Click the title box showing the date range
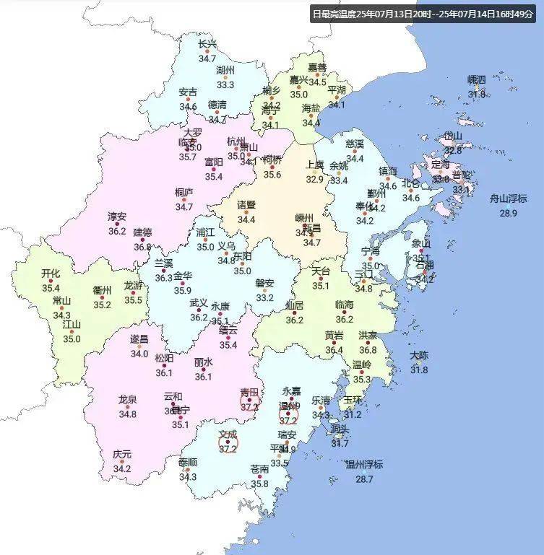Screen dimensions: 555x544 [x=426, y=14]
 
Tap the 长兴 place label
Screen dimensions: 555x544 [x=207, y=44]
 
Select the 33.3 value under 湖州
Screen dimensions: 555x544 [x=225, y=85]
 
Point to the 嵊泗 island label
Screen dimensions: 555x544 [x=477, y=79]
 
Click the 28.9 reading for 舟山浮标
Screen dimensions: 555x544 [x=509, y=213]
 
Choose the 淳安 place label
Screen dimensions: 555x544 [x=117, y=217]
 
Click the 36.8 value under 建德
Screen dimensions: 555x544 [x=142, y=247]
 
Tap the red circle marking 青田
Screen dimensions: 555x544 [x=250, y=400]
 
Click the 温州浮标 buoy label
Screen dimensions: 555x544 [x=363, y=464]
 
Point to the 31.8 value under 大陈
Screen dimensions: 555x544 [x=419, y=370]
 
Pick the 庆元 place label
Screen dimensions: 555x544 [x=122, y=455]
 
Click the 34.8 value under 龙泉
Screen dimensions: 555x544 [x=128, y=414]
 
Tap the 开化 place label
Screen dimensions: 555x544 [x=51, y=274]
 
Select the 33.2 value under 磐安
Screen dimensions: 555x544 [x=265, y=297]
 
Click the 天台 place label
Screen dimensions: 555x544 [x=321, y=271]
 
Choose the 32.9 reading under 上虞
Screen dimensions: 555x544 [x=314, y=180]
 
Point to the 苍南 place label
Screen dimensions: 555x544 [x=260, y=469]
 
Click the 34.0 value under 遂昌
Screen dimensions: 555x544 [x=139, y=354]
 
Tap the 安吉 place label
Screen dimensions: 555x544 [x=188, y=92]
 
